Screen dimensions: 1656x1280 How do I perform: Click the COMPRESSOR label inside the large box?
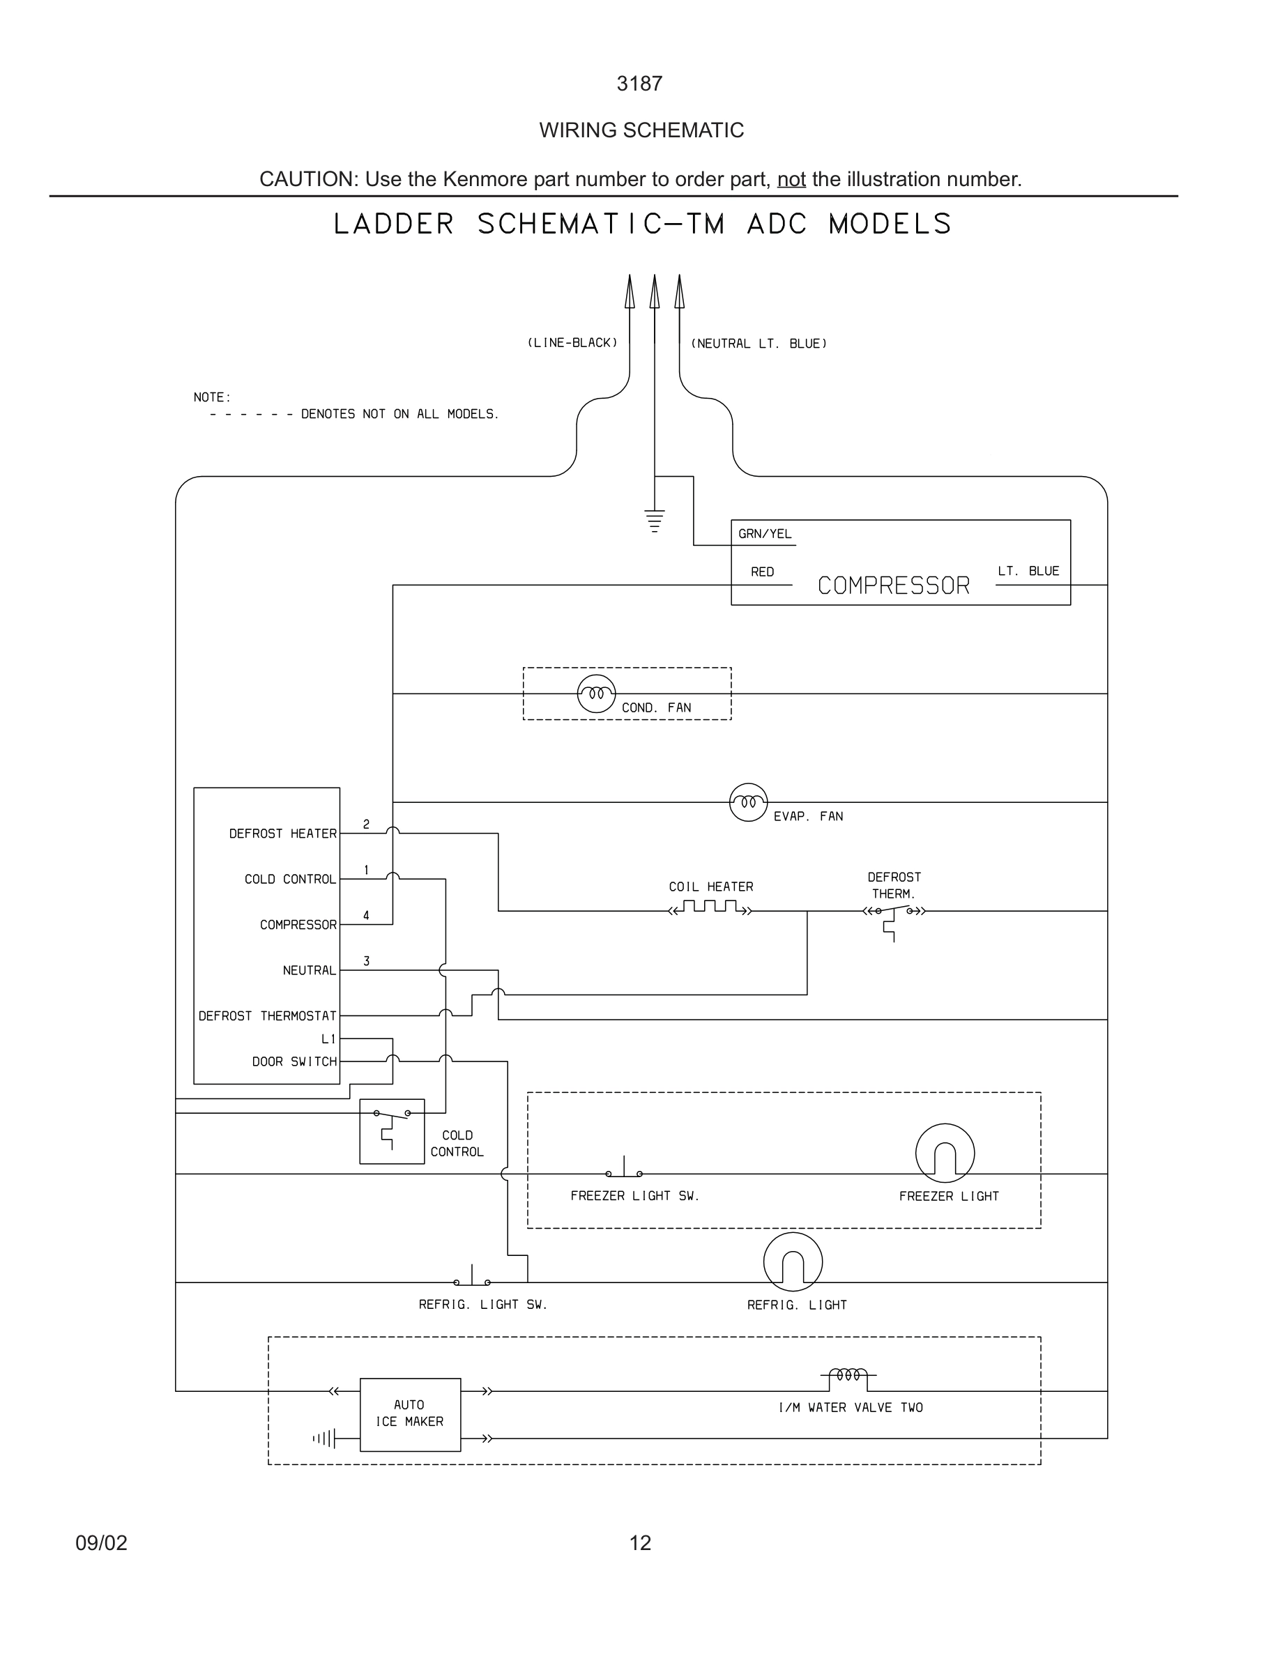[x=893, y=585]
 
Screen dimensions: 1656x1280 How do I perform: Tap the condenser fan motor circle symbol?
[x=596, y=693]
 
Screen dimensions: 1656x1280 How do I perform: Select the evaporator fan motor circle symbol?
[x=747, y=802]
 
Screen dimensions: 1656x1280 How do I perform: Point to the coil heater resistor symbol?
[x=710, y=907]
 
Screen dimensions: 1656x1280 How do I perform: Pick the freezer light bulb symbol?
[x=944, y=1153]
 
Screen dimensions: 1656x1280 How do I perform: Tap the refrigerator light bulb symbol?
[x=793, y=1262]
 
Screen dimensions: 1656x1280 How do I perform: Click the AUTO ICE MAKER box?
[x=409, y=1414]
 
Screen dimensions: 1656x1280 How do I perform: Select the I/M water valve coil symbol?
[x=848, y=1374]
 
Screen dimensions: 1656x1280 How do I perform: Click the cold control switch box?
[x=391, y=1130]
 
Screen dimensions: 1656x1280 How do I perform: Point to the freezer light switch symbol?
[x=624, y=1171]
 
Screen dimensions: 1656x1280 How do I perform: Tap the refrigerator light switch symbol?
[x=472, y=1279]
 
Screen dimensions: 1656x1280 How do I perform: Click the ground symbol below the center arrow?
[x=654, y=521]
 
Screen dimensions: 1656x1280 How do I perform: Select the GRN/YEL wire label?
[x=764, y=534]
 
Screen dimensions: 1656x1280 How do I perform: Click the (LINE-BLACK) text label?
[x=572, y=343]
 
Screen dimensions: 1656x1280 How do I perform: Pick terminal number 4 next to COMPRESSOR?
[x=366, y=915]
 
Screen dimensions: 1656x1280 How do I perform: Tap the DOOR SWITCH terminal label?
[x=294, y=1061]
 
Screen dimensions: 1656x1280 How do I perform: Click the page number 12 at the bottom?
[x=640, y=1543]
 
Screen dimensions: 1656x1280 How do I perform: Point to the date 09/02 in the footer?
[x=101, y=1543]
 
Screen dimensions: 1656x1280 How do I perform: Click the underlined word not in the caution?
[x=791, y=179]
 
